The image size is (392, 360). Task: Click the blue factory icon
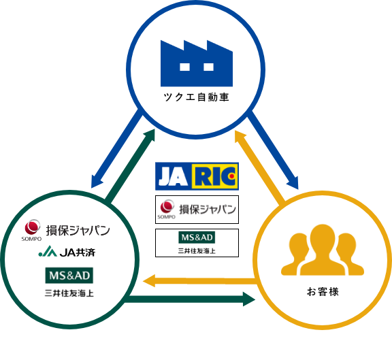[x=197, y=63]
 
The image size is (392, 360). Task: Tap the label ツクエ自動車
[x=197, y=97]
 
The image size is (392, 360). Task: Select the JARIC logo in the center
[x=197, y=176]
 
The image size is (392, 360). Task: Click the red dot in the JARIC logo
[x=232, y=176]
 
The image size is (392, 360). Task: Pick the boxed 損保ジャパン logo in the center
[x=197, y=210]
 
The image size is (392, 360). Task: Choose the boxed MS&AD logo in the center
[x=197, y=243]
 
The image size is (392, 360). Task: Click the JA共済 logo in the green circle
[x=67, y=252]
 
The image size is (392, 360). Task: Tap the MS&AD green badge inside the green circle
[x=69, y=275]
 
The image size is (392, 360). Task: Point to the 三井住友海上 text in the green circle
[x=69, y=293]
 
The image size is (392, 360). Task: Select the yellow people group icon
[x=323, y=250]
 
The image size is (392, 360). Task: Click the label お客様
[x=323, y=292]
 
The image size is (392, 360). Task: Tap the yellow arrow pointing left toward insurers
[x=200, y=281]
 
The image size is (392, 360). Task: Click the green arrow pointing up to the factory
[x=131, y=165]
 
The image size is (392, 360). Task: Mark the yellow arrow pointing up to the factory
[x=259, y=166]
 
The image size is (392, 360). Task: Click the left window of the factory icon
[x=184, y=67]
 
